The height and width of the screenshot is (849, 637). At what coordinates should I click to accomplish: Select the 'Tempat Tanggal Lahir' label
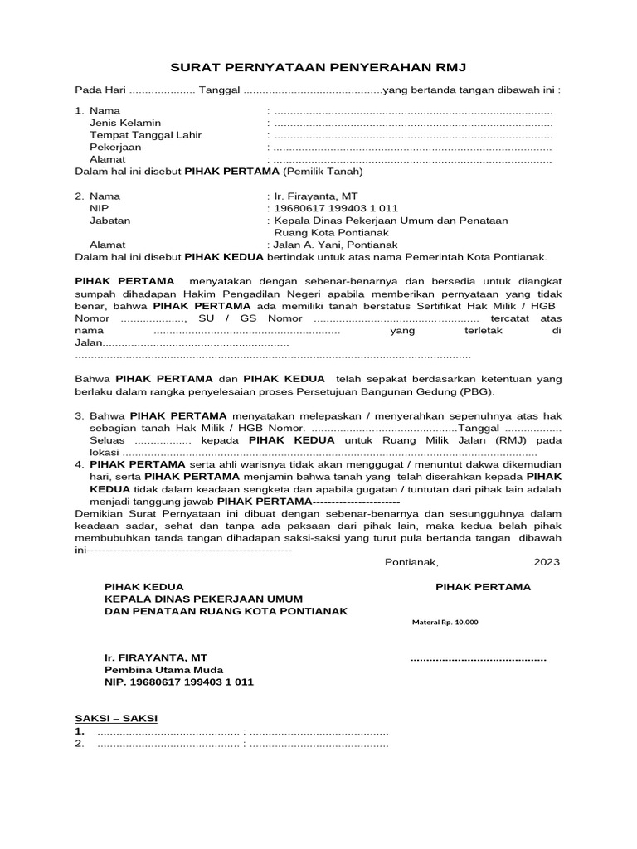point(145,135)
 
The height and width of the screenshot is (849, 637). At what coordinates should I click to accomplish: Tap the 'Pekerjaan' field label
point(115,147)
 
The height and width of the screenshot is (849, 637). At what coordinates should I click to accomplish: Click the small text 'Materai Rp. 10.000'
point(445,623)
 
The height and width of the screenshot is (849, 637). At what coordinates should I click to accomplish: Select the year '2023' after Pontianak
point(547,562)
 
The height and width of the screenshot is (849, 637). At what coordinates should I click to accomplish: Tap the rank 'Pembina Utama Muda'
point(163,670)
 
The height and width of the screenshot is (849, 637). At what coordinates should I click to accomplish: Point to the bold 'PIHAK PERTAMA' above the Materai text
point(484,587)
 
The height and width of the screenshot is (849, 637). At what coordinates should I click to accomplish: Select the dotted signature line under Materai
point(479,659)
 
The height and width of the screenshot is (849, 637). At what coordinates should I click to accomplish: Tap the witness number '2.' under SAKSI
point(80,744)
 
